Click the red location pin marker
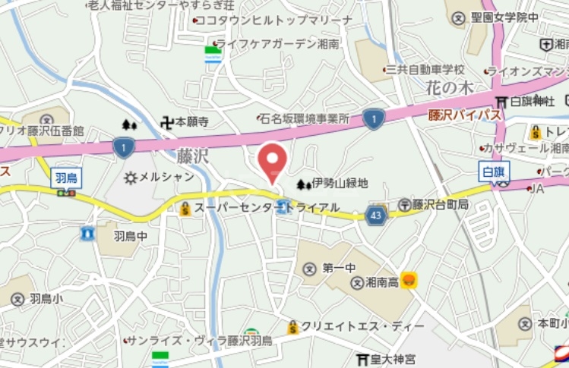(273, 161)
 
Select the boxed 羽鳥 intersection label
(66, 178)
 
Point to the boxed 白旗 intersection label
(495, 171)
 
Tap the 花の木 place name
(450, 88)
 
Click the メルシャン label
(166, 178)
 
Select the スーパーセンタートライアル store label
(266, 207)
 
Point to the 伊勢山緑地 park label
(339, 184)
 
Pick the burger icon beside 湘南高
(409, 281)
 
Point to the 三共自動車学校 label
(424, 69)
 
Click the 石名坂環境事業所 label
(304, 119)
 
